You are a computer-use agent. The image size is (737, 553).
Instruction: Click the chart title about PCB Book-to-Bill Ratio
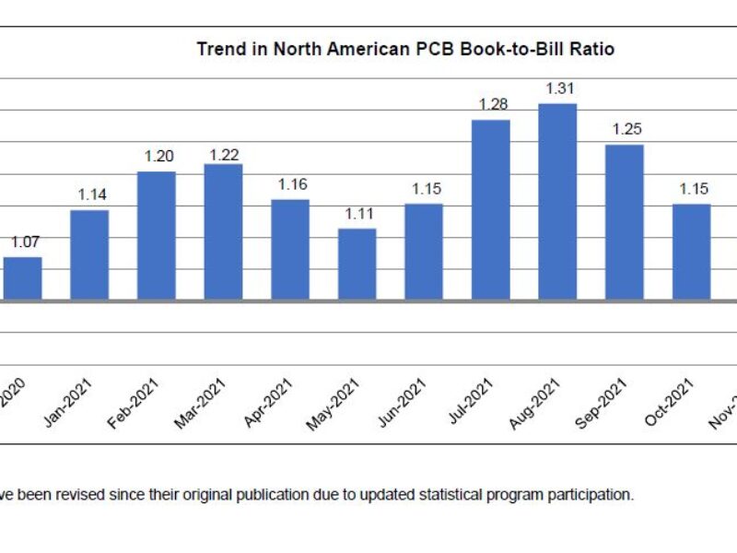[x=405, y=49]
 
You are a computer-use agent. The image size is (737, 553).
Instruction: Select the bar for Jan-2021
[x=90, y=254]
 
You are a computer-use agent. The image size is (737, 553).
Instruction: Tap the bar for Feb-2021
[x=157, y=235]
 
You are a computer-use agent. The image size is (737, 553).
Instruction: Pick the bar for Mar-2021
[x=223, y=231]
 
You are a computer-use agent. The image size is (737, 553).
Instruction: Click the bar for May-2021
[x=357, y=264]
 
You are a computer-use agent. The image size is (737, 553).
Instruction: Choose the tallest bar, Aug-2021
[x=557, y=201]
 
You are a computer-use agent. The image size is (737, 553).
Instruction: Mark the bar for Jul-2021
[x=491, y=209]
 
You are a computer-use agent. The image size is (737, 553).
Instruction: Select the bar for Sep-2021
[x=625, y=221]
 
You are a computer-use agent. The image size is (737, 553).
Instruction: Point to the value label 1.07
[x=25, y=242]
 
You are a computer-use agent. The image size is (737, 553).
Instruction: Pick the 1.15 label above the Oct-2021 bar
[x=694, y=189]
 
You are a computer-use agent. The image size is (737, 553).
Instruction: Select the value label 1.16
[x=292, y=184]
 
